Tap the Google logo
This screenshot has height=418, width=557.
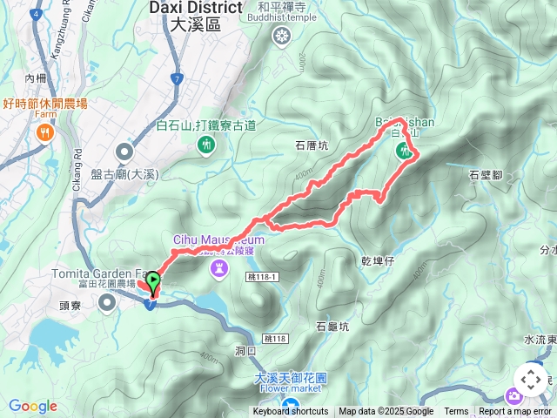click(32, 406)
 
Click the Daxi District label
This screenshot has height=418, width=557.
click(195, 8)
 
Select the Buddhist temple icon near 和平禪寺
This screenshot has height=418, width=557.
click(281, 36)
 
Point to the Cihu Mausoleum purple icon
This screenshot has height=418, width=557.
click(218, 271)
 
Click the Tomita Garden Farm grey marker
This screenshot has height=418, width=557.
click(107, 302)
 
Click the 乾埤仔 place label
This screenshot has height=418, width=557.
click(379, 260)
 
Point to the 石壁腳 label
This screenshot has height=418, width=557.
click(486, 174)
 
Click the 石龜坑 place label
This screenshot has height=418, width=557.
click(332, 327)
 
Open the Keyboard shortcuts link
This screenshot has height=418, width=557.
click(291, 412)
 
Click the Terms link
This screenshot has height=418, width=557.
click(456, 412)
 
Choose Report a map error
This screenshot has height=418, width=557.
click(517, 412)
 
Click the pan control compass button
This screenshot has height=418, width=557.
click(531, 381)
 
